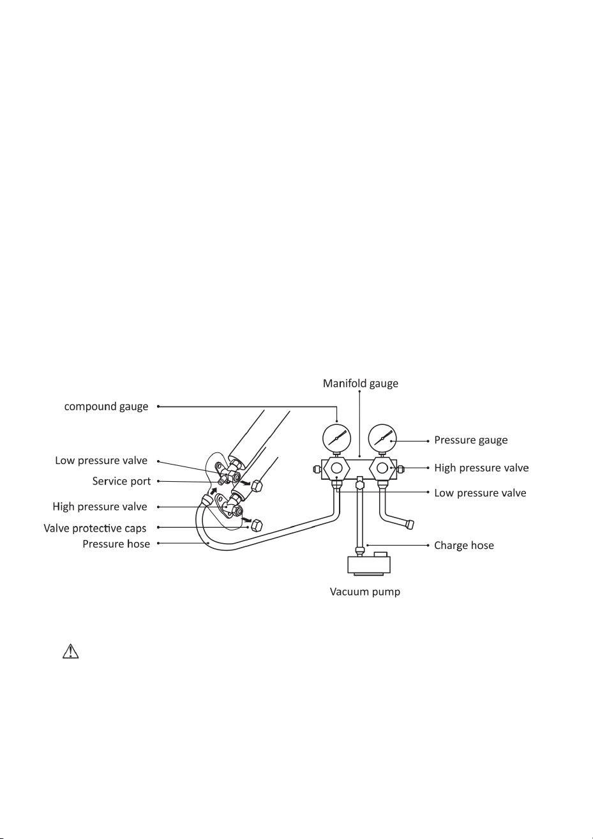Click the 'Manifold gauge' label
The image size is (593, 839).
(x=360, y=383)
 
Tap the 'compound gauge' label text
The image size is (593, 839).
(x=106, y=407)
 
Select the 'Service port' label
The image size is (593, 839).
(x=121, y=481)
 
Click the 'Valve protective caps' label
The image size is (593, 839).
(x=95, y=528)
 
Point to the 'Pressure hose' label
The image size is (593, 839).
(x=116, y=544)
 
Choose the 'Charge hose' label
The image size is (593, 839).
(x=464, y=545)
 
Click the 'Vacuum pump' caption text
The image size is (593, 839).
(x=365, y=592)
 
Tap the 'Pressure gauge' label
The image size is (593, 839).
(x=471, y=440)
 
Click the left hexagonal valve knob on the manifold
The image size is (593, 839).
(x=336, y=468)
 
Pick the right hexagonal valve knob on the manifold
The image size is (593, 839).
(x=382, y=468)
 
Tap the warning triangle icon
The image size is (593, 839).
(x=70, y=651)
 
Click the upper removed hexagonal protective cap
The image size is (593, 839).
(x=257, y=486)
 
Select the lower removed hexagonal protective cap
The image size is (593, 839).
(x=257, y=525)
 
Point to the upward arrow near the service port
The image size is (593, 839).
(x=213, y=491)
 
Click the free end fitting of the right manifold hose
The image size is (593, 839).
(x=410, y=523)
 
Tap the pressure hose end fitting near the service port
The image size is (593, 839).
(x=207, y=500)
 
